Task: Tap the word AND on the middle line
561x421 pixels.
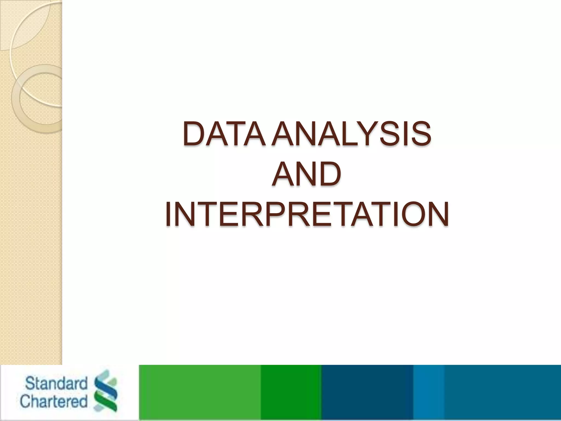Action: point(307,175)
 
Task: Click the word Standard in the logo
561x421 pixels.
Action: point(56,383)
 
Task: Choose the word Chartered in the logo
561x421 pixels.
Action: point(54,402)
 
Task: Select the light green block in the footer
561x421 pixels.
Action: point(200,392)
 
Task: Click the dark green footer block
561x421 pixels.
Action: point(291,392)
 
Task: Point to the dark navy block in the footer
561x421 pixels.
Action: point(367,392)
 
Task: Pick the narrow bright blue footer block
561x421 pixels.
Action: point(428,392)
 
